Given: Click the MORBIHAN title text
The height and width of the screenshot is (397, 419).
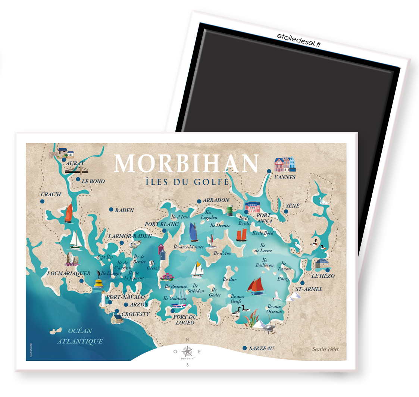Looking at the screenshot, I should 186,163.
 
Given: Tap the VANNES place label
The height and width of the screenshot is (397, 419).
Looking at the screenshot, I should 285,177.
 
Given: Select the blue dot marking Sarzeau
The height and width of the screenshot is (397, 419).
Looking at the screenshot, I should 244,348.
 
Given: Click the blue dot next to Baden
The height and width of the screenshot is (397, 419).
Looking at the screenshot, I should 111,209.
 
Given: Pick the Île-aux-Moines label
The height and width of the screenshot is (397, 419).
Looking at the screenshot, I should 189,247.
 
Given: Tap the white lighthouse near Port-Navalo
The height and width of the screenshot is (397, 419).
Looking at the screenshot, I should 103,300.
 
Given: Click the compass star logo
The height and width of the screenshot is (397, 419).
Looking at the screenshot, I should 187,351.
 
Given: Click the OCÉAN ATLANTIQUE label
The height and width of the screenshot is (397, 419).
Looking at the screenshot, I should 79,336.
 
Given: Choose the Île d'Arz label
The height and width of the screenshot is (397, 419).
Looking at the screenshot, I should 222,253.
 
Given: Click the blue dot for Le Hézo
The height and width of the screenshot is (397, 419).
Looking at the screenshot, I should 327,270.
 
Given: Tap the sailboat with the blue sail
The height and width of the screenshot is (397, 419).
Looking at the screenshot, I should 194,232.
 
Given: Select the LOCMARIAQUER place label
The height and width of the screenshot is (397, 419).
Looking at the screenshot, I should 69,273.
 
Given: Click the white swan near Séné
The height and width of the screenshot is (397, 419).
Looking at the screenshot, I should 323,201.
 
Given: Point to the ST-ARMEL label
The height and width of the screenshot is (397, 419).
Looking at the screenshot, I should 309,289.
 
